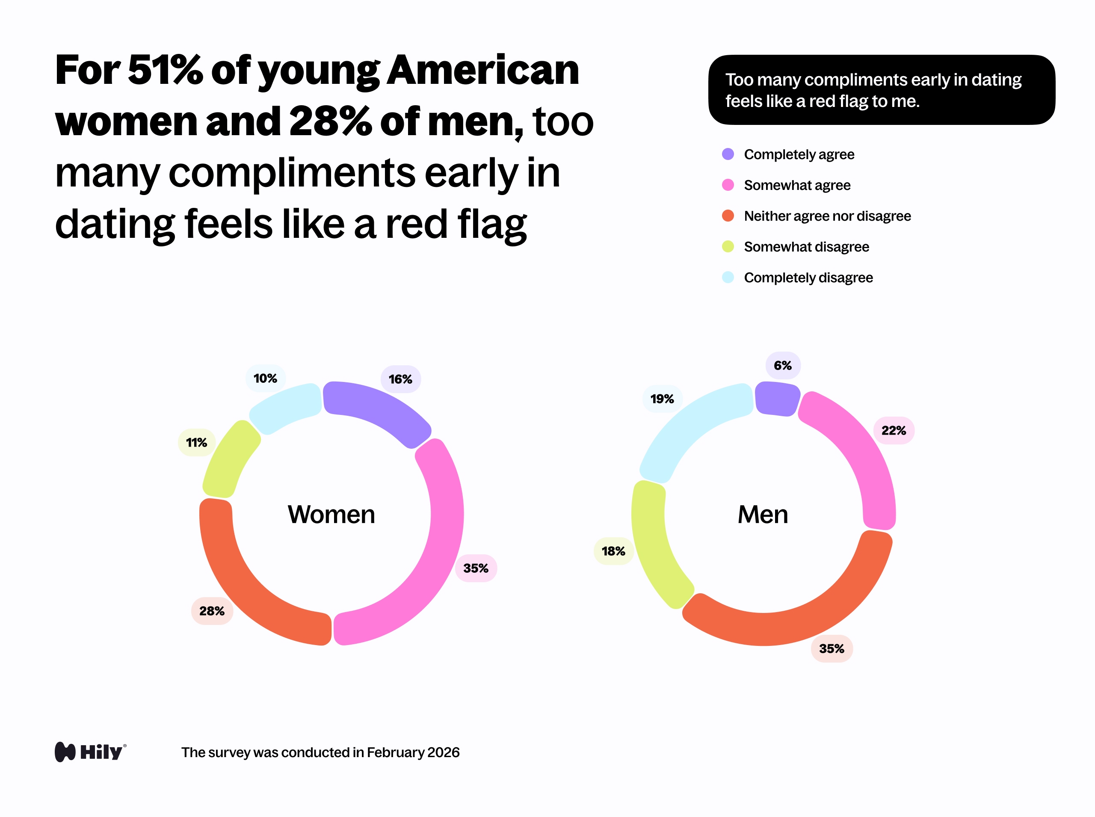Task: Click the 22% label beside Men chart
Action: tap(893, 430)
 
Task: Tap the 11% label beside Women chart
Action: tap(196, 442)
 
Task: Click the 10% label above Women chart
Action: tap(265, 378)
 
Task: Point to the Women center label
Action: tap(331, 514)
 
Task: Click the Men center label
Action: tap(763, 514)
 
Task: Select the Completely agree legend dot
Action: tap(728, 154)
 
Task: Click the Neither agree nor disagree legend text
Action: tap(827, 216)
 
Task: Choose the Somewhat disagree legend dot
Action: tap(728, 246)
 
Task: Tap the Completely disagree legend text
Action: tap(808, 278)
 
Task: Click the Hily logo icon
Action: tap(65, 752)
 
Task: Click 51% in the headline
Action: tap(165, 70)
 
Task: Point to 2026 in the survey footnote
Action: tap(443, 752)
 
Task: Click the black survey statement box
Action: tap(881, 90)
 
